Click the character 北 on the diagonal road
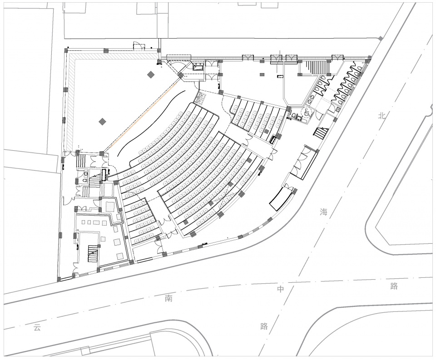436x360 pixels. click(381, 116)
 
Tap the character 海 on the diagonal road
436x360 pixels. click(323, 212)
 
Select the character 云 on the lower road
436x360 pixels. click(37, 327)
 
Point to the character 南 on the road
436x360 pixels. click(168, 299)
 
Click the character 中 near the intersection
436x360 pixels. click(281, 289)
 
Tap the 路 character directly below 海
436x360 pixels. click(264, 326)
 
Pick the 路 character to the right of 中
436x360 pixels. click(394, 286)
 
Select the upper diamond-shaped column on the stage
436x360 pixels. click(151, 74)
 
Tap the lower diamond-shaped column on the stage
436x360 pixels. click(103, 121)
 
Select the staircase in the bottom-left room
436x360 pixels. click(92, 254)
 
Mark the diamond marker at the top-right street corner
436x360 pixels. click(381, 39)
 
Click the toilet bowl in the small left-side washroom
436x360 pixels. click(86, 173)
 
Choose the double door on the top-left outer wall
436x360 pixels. click(139, 46)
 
